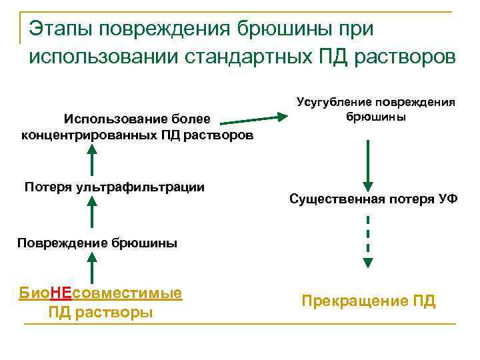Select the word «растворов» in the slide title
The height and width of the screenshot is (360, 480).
coord(402,57)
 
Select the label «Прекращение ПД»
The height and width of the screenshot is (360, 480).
coord(369,301)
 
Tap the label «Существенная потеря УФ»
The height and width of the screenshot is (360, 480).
coord(373,199)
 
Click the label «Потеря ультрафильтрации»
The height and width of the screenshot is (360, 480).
coord(114,186)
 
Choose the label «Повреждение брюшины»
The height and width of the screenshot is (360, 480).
coord(97,242)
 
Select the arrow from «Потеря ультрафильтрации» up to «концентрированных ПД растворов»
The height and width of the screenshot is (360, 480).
coord(91,161)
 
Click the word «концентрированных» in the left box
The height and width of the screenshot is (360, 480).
coord(78,135)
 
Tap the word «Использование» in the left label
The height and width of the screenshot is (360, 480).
coord(104,119)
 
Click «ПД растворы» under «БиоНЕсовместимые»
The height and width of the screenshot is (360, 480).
coord(101,312)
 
